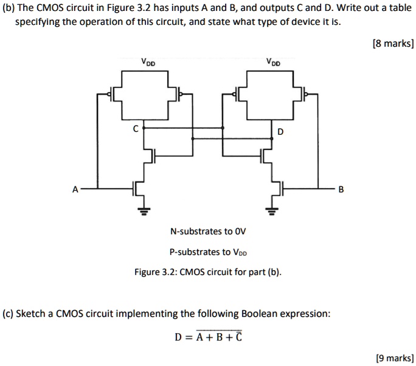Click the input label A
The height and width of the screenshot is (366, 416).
pos(75,189)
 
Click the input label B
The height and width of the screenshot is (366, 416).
pos(341,189)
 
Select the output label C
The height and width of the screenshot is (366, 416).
pos(136,129)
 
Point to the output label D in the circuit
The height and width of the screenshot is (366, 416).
pos(280,132)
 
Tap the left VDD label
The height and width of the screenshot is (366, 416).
pos(148,63)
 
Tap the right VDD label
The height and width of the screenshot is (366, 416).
pos(273,63)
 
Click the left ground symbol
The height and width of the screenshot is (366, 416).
pos(144,211)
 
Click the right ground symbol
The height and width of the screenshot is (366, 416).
pos(271,211)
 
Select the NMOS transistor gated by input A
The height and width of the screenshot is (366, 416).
pos(138,189)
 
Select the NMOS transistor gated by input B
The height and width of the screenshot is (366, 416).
pos(277,189)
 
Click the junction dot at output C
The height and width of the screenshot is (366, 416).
pos(144,128)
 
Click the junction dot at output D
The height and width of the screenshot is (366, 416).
pos(272,138)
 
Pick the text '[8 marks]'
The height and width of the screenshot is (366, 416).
pos(393,43)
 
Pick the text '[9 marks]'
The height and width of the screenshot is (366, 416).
pos(395,358)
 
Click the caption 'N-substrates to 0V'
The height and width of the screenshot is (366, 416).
pos(208,231)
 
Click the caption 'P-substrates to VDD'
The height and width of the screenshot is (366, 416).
pos(208,252)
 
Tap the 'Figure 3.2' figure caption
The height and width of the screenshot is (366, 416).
pos(208,272)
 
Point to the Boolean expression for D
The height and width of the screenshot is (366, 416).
pos(208,336)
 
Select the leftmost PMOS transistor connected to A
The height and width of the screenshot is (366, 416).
pos(114,94)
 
